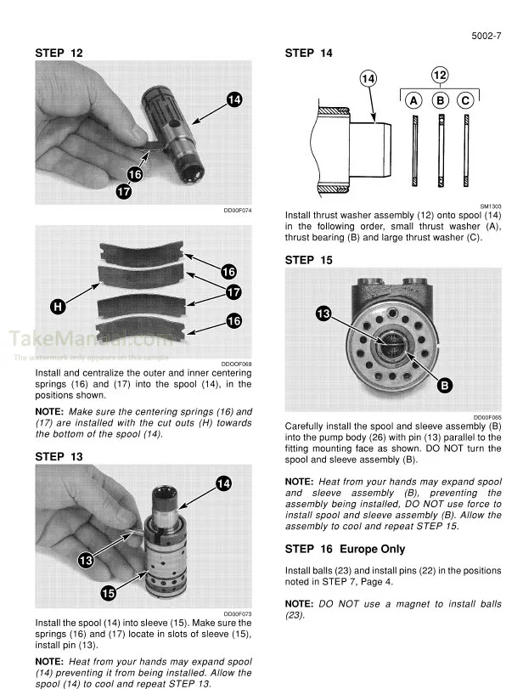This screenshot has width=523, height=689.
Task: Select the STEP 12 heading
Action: pyautogui.click(x=59, y=54)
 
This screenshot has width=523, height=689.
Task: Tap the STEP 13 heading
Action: pyautogui.click(x=59, y=456)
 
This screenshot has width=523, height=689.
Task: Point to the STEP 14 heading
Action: pyautogui.click(x=309, y=54)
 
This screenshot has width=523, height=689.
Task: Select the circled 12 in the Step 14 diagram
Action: pyautogui.click(x=440, y=75)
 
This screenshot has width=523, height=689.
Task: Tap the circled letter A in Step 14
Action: pyautogui.click(x=413, y=100)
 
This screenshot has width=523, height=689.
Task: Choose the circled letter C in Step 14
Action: pyautogui.click(x=465, y=100)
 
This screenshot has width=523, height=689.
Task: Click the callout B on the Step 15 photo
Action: pyautogui.click(x=444, y=387)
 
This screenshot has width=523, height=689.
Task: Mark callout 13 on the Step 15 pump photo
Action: pyautogui.click(x=323, y=314)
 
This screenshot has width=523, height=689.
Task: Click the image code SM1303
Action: pyautogui.click(x=490, y=206)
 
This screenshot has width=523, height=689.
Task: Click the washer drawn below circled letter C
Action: pyautogui.click(x=466, y=150)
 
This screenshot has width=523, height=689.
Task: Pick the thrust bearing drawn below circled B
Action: pyautogui.click(x=441, y=150)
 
